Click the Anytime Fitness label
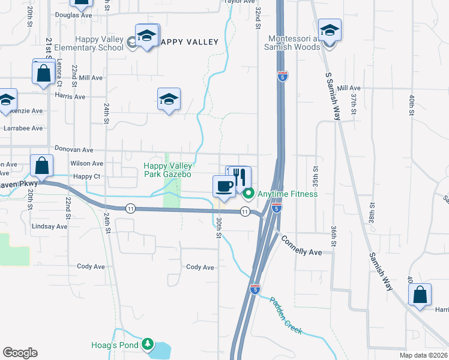coord(288,194)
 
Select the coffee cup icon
coord(224,185)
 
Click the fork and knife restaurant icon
coord(240,178)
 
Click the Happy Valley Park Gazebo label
coord(167,170)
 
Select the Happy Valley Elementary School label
coord(89,43)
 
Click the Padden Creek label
coord(286,316)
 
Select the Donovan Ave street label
coord(74,149)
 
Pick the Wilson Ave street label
coord(86,163)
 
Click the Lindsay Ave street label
coord(49,226)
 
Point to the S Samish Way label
coord(333,97)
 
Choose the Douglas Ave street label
coord(73,15)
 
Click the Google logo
coord(20,353)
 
